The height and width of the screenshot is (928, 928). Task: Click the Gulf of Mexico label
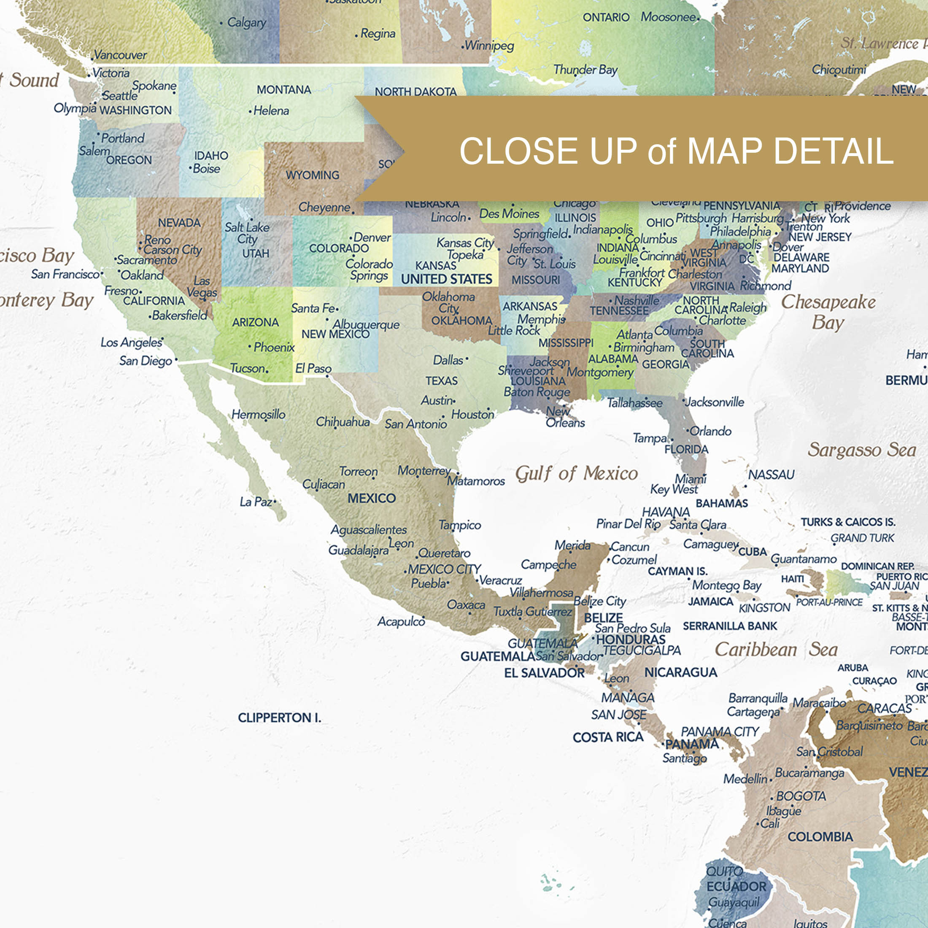coord(576,474)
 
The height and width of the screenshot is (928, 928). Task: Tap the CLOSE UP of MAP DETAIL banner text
coord(676,151)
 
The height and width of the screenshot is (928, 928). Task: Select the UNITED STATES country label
coord(446,279)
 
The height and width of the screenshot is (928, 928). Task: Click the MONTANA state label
coord(283,90)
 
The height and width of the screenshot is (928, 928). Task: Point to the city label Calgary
coord(246,23)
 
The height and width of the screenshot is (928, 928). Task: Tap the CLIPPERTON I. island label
coord(279,718)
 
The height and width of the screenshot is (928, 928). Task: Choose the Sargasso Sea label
coord(862,450)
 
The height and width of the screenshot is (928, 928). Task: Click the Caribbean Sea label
coord(776,650)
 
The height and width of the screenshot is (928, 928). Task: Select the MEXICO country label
coord(371,498)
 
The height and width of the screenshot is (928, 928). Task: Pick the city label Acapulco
coord(401,621)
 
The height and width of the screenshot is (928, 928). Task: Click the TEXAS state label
coord(441,381)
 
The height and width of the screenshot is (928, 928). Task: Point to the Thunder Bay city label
coord(585,70)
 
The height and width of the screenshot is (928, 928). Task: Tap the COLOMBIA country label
coord(820,837)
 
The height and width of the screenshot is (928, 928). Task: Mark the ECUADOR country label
coord(736,886)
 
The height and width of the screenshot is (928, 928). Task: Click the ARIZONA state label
coord(255,322)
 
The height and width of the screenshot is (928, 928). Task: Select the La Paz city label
coord(256,502)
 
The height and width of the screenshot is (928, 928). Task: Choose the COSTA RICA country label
coord(607,737)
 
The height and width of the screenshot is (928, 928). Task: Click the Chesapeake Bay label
coord(828,312)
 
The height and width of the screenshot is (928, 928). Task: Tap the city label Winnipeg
coord(489,46)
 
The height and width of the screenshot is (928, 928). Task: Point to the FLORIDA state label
coord(686,449)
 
